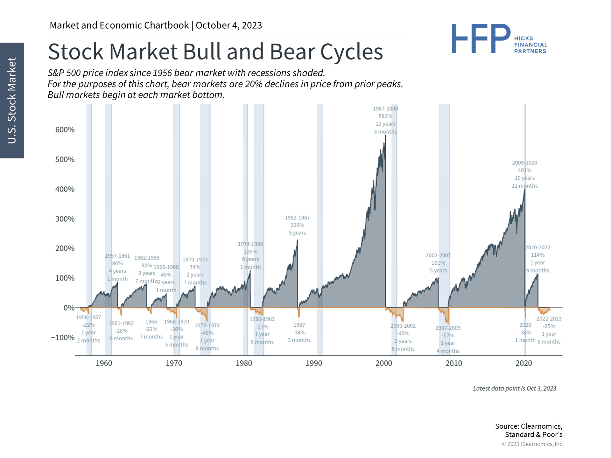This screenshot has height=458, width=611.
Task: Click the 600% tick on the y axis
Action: pyautogui.click(x=65, y=130)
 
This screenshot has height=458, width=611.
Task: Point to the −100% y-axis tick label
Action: pyautogui.click(x=63, y=337)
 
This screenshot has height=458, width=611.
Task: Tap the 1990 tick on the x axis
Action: pyautogui.click(x=314, y=363)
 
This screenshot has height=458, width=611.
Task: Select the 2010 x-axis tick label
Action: pyautogui.click(x=453, y=363)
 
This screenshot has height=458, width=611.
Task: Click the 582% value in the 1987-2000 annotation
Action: pyautogui.click(x=385, y=116)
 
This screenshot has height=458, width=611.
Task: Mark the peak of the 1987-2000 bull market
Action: pyautogui.click(x=385, y=136)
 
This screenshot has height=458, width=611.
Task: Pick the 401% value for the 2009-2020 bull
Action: pyautogui.click(x=524, y=170)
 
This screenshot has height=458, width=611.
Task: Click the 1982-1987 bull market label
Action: pyautogui.click(x=297, y=218)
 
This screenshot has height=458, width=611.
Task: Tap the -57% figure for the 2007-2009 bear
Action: pyautogui.click(x=448, y=336)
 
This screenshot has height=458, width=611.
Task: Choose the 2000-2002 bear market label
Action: pyautogui.click(x=403, y=326)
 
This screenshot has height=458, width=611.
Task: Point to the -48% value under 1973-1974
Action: pyautogui.click(x=207, y=333)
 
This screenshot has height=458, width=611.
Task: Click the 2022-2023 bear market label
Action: pyautogui.click(x=549, y=319)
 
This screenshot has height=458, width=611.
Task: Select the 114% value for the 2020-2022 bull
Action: pyautogui.click(x=537, y=255)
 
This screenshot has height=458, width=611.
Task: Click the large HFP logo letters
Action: pyautogui.click(x=481, y=39)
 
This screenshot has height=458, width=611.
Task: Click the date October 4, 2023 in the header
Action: pyautogui.click(x=229, y=25)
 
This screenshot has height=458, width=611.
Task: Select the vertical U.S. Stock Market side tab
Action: pyautogui.click(x=12, y=100)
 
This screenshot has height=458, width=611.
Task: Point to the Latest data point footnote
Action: pyautogui.click(x=515, y=388)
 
